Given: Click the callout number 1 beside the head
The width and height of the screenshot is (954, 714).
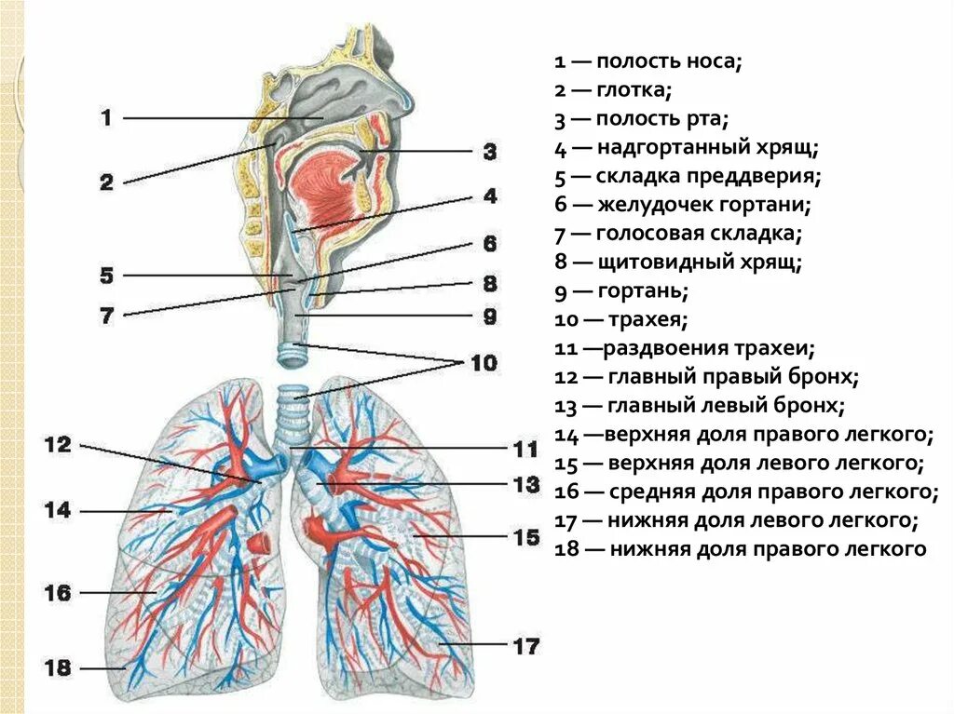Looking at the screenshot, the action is (106, 118).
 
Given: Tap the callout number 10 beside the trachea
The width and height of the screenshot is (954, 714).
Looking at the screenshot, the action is (484, 362).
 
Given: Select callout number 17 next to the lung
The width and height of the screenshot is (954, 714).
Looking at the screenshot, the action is (525, 644).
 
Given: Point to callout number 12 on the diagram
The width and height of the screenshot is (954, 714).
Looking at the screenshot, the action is (58, 445).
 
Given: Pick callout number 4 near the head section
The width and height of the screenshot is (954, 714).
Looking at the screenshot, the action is (490, 196).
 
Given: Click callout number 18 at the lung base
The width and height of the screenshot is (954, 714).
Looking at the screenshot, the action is (58, 667).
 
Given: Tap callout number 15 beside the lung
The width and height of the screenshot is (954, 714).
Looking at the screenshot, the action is (525, 537).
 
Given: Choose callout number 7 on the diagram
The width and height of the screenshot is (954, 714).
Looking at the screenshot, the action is (106, 315).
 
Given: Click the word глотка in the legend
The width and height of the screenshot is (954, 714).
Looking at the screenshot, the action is (634, 90).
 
